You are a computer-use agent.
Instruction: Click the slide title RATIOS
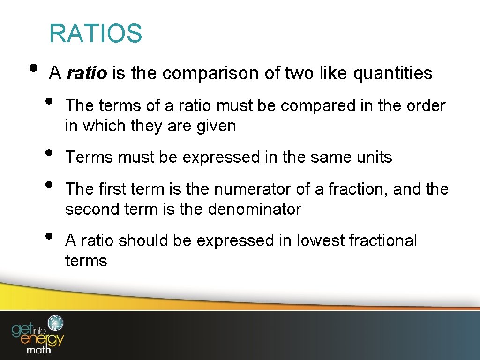click(95, 33)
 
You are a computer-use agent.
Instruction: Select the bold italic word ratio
click(87, 73)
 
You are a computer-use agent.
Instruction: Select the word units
click(373, 157)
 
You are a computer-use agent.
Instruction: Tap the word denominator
click(254, 209)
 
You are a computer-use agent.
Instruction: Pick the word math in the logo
click(39, 349)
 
